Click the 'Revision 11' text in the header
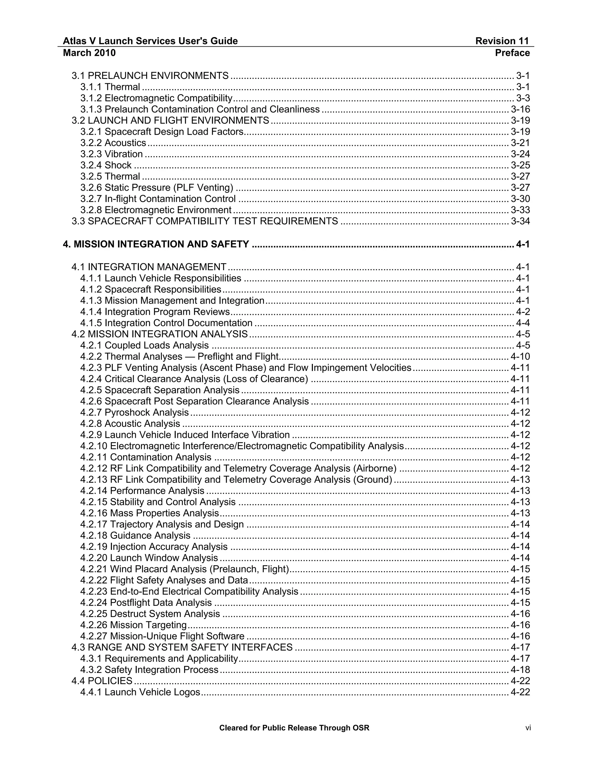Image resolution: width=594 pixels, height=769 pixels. point(502,41)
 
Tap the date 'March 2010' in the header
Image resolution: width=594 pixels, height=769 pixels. point(89,53)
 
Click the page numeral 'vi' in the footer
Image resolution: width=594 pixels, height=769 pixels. point(528,728)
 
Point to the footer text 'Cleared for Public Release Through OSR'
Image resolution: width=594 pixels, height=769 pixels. point(294,728)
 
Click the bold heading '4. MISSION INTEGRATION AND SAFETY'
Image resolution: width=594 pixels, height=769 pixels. point(156,244)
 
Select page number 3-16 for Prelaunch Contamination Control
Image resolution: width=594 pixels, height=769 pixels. point(520,109)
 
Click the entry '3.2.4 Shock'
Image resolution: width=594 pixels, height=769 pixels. point(106,165)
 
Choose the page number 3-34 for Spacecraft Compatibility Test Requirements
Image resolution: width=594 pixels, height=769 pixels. point(520,221)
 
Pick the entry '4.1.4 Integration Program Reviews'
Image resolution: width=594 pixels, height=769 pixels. point(155,312)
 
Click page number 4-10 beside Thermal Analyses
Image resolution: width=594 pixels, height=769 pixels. point(520,356)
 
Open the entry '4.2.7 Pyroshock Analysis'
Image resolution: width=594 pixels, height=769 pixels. point(134,412)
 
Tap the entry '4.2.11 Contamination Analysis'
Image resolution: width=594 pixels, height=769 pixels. point(146,457)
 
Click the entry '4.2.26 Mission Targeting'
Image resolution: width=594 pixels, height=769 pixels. point(133,625)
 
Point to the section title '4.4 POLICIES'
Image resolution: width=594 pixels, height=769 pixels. point(102,680)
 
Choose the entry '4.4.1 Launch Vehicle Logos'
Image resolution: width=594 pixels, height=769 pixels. point(140,692)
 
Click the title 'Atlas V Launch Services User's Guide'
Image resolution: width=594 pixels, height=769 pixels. point(150,41)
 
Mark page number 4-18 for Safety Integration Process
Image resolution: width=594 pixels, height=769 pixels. point(520,669)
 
